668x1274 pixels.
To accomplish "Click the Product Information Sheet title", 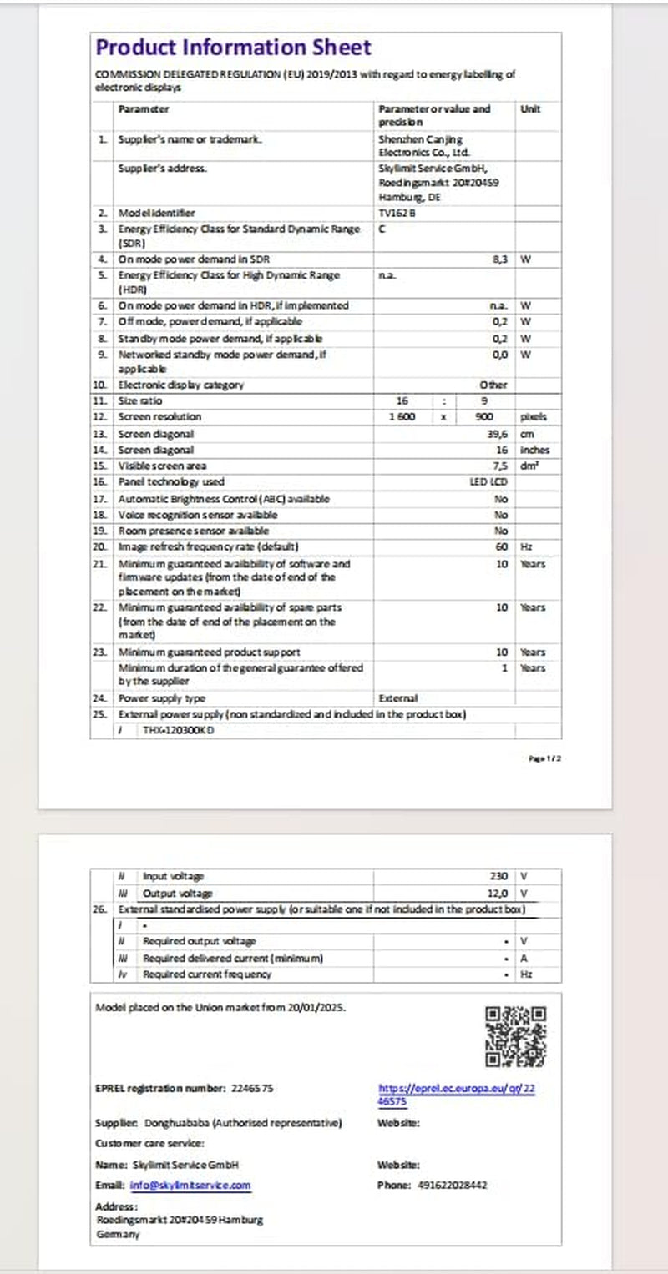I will [x=233, y=48].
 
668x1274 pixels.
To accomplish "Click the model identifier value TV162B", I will [x=395, y=213].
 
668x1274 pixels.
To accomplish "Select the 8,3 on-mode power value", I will [x=501, y=259].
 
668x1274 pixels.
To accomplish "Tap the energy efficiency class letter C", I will [x=382, y=228].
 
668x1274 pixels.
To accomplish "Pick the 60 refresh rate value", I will [x=502, y=546].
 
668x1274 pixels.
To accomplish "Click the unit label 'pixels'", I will [x=534, y=416].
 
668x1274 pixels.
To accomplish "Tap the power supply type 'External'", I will [x=397, y=697].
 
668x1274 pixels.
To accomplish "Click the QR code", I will [x=515, y=1037].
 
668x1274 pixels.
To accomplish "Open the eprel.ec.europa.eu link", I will [x=455, y=1094].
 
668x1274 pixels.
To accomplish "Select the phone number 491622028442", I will [x=452, y=1185].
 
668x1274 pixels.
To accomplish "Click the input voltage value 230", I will [x=498, y=876].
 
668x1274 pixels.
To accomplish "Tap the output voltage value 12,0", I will [x=498, y=893].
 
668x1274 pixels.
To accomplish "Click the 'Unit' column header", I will [x=530, y=109].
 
